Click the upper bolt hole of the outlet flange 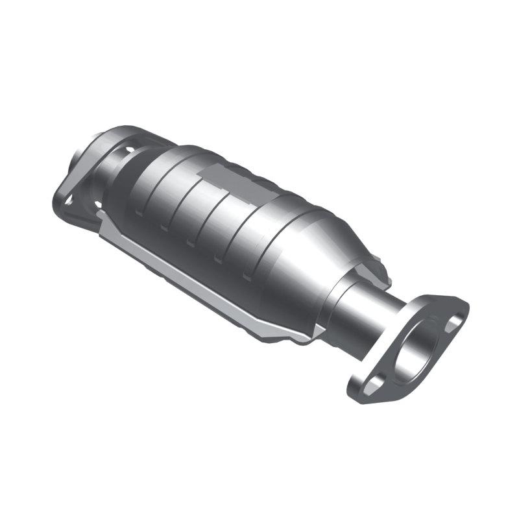[x=456, y=319]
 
